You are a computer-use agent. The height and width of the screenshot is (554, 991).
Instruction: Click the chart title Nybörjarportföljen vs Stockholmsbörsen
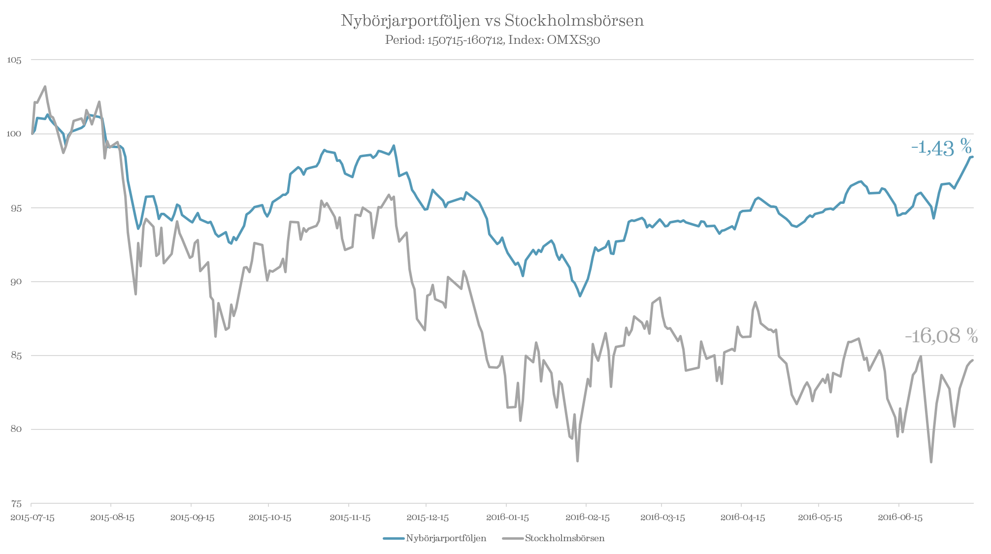tap(492, 21)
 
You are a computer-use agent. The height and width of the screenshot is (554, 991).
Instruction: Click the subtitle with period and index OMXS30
tap(492, 40)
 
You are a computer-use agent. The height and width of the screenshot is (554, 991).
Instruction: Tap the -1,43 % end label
tap(941, 148)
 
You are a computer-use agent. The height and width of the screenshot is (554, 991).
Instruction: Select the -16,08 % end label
tap(941, 336)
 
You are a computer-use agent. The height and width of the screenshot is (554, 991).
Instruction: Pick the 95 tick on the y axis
tap(15, 208)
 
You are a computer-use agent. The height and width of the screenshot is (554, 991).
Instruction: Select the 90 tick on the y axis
tap(15, 282)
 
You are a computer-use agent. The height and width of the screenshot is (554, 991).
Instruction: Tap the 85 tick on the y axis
tap(15, 356)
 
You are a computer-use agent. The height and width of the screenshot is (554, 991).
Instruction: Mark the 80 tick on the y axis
tap(15, 429)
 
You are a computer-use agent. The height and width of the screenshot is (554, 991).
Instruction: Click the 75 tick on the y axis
tap(15, 503)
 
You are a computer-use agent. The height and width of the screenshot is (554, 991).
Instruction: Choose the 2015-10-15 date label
tap(269, 518)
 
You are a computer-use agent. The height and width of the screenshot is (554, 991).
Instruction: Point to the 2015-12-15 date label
tap(427, 518)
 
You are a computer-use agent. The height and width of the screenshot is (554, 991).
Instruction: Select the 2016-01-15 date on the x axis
tap(507, 518)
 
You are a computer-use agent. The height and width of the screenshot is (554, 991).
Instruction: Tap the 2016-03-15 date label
tap(663, 518)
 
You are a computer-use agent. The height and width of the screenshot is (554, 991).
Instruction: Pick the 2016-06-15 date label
tap(900, 518)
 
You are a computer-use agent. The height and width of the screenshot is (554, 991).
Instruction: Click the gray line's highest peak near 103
tap(45, 87)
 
